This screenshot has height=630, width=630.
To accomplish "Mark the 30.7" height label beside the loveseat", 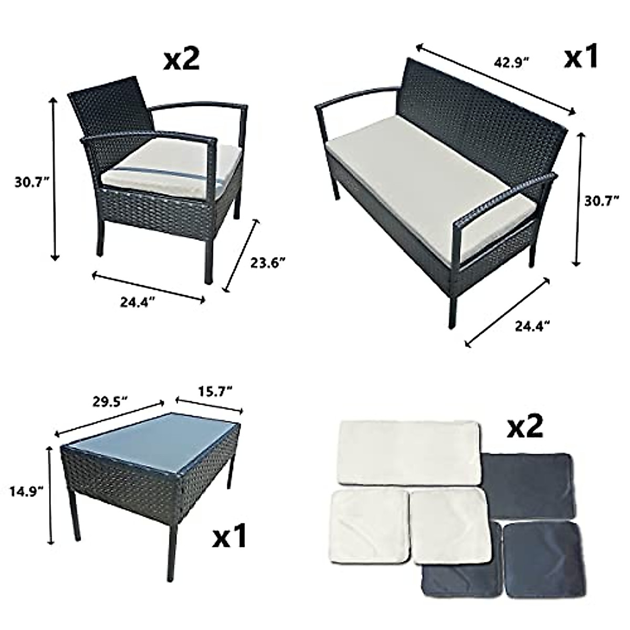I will pyautogui.click(x=602, y=200).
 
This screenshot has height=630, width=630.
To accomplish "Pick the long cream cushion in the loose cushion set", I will pyautogui.click(x=411, y=451).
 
